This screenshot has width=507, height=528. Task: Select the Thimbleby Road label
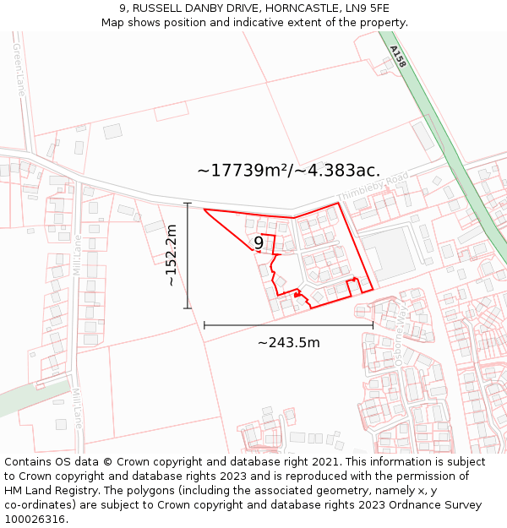coord(373,187)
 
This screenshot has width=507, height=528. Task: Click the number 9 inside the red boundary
coord(259,243)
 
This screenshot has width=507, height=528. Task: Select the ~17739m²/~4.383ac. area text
coord(289,171)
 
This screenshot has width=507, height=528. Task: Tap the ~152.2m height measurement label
coord(172,255)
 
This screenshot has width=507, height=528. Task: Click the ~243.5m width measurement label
coord(289,342)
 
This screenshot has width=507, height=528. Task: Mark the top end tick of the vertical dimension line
coord(188,203)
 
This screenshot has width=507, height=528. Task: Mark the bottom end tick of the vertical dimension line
coord(188,308)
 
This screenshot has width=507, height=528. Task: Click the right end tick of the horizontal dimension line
coord(373,324)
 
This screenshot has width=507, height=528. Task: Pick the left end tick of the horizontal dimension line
coord(204,324)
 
